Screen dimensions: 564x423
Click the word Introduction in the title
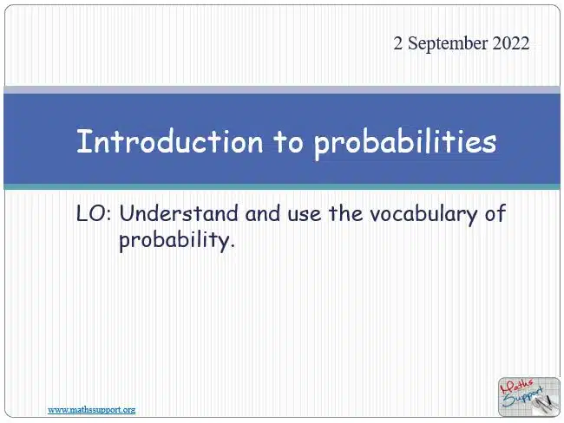170,141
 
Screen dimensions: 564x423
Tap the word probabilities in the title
405,144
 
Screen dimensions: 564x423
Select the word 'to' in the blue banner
288,142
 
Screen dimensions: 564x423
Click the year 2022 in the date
511,43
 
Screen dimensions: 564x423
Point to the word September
448,44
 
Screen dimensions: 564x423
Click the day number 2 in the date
397,43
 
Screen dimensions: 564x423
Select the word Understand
179,213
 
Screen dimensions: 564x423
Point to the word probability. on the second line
177,240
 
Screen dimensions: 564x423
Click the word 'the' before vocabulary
345,213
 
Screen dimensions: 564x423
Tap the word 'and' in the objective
263,213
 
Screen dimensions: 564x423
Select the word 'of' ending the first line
495,212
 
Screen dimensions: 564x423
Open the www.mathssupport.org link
92,410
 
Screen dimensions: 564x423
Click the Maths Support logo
529,397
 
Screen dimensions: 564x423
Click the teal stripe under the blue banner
282,187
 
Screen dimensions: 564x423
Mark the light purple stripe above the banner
282,90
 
